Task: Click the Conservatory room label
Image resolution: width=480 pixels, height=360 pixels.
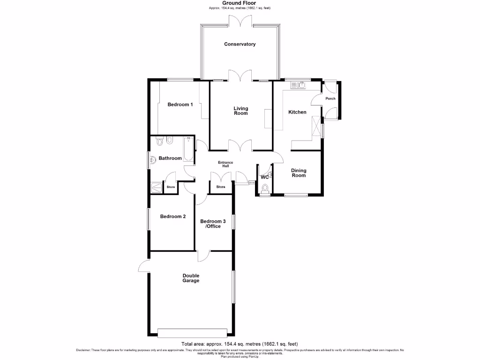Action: point(240,44)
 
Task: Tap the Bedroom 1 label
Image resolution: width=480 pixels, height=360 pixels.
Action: point(180,105)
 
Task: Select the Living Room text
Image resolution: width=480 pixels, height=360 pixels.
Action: point(241,111)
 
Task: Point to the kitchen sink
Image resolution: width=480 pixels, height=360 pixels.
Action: point(298,85)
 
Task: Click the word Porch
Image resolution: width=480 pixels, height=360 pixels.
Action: point(330,98)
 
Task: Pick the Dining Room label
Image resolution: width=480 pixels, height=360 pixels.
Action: point(299,173)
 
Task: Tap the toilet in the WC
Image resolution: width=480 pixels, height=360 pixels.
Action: point(265,188)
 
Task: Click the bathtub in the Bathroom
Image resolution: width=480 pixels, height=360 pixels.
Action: point(188,150)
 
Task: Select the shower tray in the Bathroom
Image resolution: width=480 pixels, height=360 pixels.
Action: point(156,187)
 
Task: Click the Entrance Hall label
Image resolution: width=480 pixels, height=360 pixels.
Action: point(225,164)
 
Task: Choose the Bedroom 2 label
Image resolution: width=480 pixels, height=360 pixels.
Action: point(173,217)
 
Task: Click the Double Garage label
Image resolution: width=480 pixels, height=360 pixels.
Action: point(191,278)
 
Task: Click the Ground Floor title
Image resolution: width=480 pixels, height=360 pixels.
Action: point(240,3)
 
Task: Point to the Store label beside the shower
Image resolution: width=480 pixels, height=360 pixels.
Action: point(171,187)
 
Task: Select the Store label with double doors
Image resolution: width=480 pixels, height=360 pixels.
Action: point(220,187)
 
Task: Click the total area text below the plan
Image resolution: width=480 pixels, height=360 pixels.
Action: point(240,344)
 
